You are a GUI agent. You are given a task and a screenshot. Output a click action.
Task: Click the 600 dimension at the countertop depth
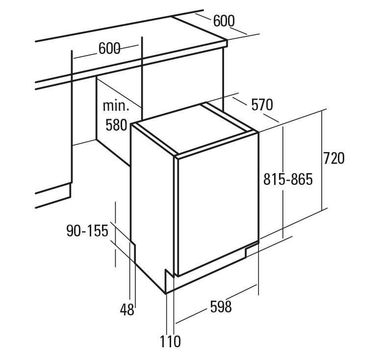pos(224,21)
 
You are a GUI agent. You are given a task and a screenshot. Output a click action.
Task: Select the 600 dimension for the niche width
pos(109,49)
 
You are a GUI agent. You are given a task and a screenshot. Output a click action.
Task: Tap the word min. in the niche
pos(116,106)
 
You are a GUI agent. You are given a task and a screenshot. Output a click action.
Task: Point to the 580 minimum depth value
pos(116,125)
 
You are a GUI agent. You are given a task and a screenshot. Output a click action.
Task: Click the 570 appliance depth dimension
pos(262,105)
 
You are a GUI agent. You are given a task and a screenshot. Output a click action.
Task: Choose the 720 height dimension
pos(333,158)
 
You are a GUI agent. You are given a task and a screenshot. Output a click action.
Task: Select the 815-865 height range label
pos(288,180)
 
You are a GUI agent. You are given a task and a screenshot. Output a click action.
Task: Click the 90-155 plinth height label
pos(87,231)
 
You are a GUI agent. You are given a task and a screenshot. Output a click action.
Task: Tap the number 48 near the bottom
pos(127,309)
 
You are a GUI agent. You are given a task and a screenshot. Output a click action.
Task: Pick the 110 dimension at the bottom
pos(170,341)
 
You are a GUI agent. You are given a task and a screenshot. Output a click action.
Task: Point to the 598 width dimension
pos(221,307)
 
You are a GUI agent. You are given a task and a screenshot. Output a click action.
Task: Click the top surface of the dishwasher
pos(194,129)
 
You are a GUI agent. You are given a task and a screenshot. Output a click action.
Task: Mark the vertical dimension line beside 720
pos(323,160)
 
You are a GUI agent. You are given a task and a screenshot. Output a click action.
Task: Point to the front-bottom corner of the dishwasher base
pos(166,293)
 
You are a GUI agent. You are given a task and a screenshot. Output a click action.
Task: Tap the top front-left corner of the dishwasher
pos(131,124)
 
